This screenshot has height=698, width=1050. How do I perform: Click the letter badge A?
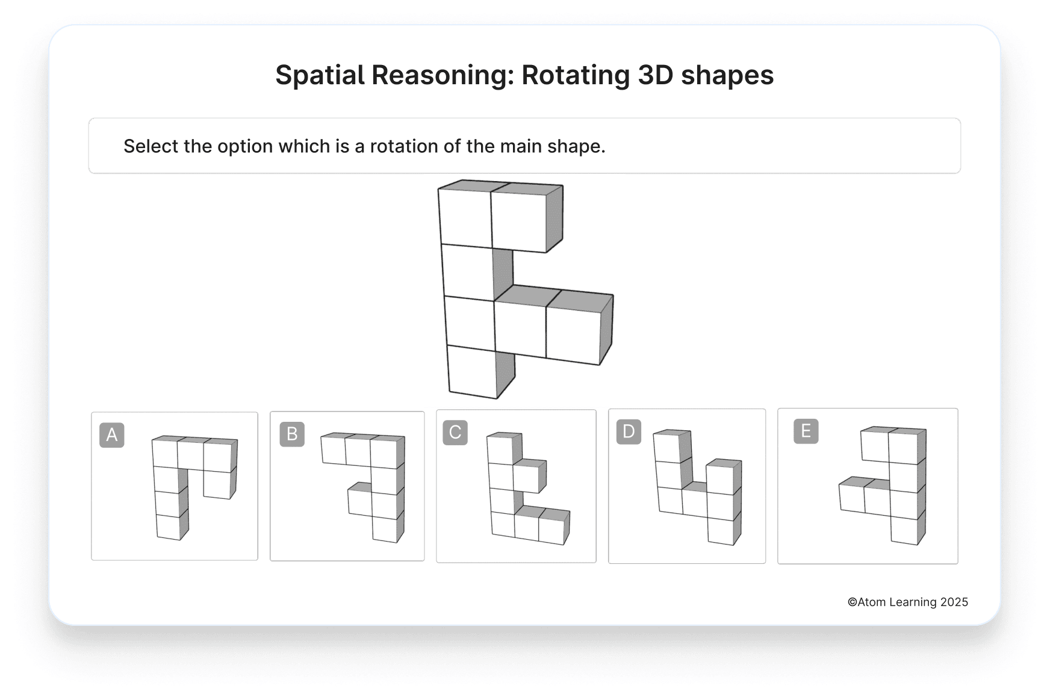click(112, 435)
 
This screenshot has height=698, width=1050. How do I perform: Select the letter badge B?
click(292, 434)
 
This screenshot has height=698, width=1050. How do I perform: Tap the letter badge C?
click(455, 433)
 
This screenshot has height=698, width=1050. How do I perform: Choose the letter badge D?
click(629, 431)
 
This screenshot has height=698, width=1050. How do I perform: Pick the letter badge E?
click(806, 431)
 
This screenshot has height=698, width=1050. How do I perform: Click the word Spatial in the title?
click(320, 75)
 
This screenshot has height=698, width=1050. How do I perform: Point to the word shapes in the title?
click(727, 75)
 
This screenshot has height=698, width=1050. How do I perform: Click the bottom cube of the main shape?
click(473, 371)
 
